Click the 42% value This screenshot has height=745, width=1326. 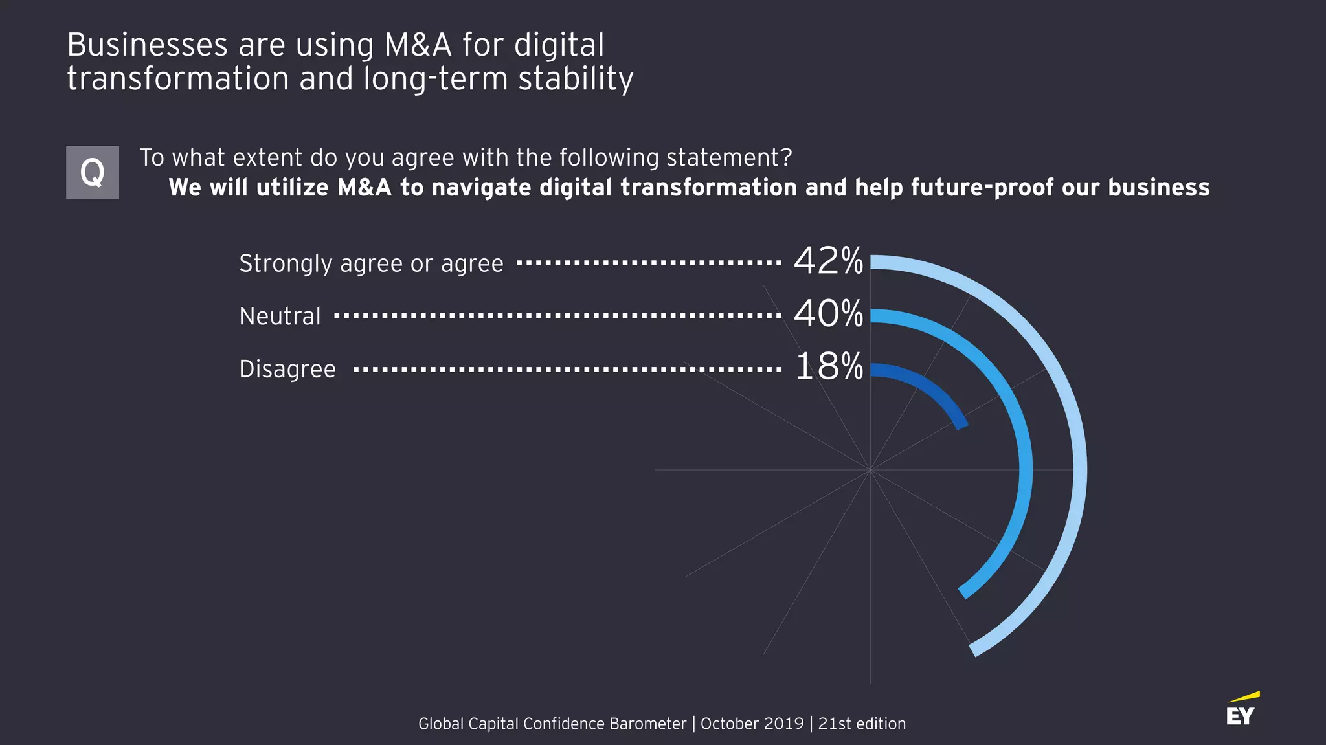click(828, 261)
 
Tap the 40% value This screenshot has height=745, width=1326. click(828, 314)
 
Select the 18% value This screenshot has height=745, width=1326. click(829, 367)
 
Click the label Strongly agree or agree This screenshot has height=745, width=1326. click(371, 264)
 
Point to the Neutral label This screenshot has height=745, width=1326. click(280, 317)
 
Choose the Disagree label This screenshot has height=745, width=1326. click(287, 369)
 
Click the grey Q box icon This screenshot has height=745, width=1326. click(93, 172)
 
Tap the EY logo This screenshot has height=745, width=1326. click(1242, 710)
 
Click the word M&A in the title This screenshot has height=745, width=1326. click(418, 45)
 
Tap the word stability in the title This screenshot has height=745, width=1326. click(576, 79)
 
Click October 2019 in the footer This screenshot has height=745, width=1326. click(752, 724)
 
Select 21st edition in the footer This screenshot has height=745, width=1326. click(862, 724)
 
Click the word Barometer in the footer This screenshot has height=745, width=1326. click(647, 724)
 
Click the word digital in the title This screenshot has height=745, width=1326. click(559, 45)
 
